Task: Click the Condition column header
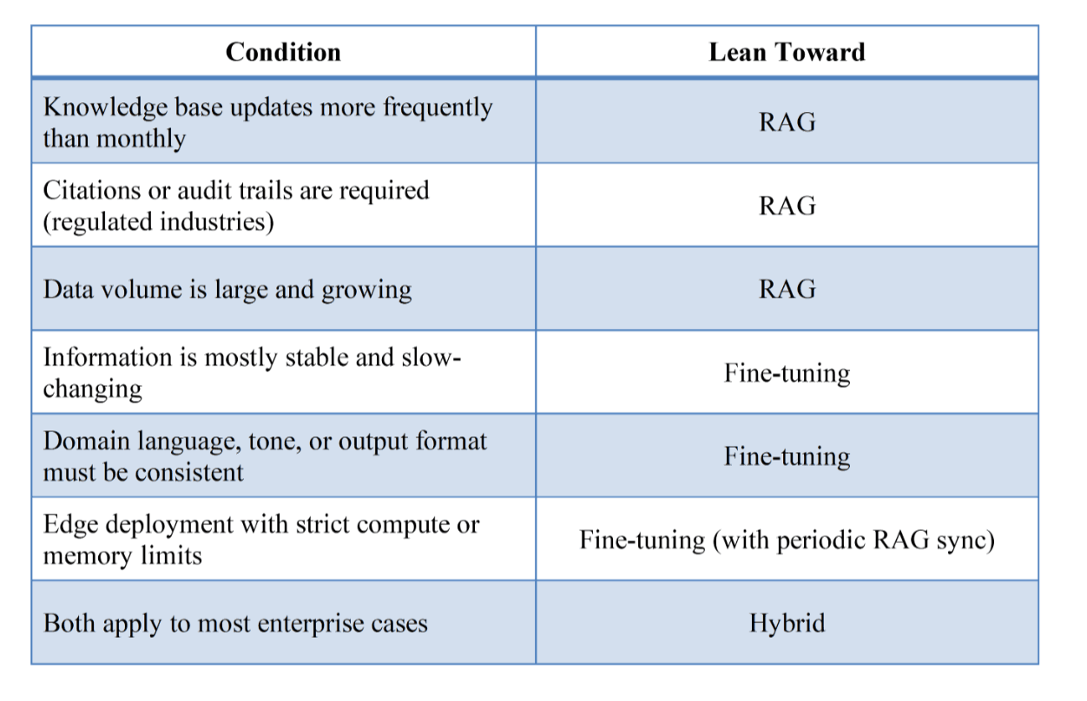tap(283, 52)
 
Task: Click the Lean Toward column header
tap(787, 52)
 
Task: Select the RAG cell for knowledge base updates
tap(787, 121)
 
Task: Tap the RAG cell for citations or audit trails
tap(787, 206)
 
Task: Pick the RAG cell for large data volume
tap(787, 289)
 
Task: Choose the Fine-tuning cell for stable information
tap(787, 373)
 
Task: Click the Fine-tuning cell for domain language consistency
tap(787, 456)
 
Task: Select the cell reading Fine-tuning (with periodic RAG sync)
tap(787, 540)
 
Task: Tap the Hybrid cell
tap(787, 623)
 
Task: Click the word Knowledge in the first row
tap(105, 107)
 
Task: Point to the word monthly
tap(142, 139)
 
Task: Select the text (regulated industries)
tap(158, 222)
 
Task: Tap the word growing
tap(366, 290)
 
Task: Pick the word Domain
tap(86, 441)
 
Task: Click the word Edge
tap(71, 525)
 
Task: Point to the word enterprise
tap(311, 625)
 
